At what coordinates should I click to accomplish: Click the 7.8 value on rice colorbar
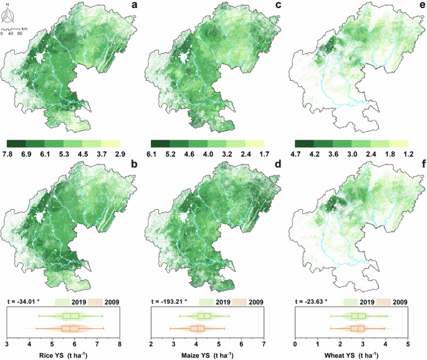(9, 153)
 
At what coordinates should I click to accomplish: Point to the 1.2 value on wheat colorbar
(408, 153)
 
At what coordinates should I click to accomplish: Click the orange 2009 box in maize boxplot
(198, 328)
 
